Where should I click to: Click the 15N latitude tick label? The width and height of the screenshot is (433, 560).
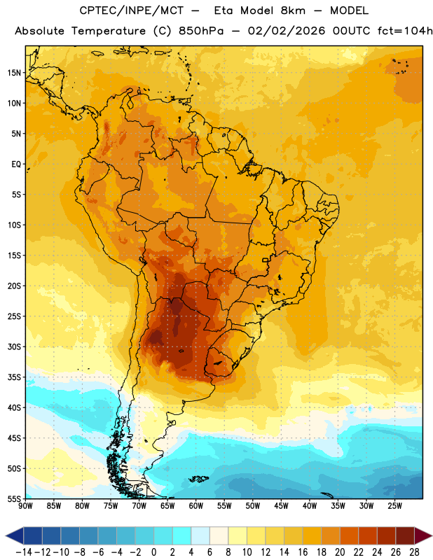(x=14, y=73)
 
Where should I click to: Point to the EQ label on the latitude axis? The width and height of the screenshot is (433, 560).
(x=16, y=164)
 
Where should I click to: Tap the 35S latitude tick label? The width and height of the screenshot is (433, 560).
(x=14, y=377)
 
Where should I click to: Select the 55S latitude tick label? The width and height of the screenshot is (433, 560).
(x=14, y=499)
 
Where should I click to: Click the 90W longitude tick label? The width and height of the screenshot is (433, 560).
(x=26, y=506)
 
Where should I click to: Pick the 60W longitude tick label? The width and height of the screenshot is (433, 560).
(x=196, y=506)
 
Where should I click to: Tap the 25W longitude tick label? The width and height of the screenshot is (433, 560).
(x=394, y=506)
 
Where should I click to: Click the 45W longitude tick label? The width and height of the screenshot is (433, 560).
(x=281, y=506)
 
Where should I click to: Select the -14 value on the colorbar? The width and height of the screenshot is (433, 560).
(x=24, y=552)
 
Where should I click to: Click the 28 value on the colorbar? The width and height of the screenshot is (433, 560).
(x=414, y=552)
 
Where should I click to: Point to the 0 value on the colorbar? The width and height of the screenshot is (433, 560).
(x=153, y=552)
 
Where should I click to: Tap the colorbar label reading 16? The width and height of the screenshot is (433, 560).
(x=303, y=552)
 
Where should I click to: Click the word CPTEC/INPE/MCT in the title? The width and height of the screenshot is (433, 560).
(x=132, y=10)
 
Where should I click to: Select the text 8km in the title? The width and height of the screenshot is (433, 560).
(x=293, y=10)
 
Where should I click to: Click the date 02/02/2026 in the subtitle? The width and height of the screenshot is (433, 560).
(x=287, y=31)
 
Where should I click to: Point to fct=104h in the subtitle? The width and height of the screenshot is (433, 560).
(x=405, y=31)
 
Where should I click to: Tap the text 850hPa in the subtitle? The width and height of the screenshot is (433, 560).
(x=201, y=31)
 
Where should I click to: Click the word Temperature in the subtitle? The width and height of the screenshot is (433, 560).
(x=109, y=31)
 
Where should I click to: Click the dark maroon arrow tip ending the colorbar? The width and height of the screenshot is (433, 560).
(x=423, y=536)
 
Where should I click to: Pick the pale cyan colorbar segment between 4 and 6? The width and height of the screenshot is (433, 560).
(x=200, y=536)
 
